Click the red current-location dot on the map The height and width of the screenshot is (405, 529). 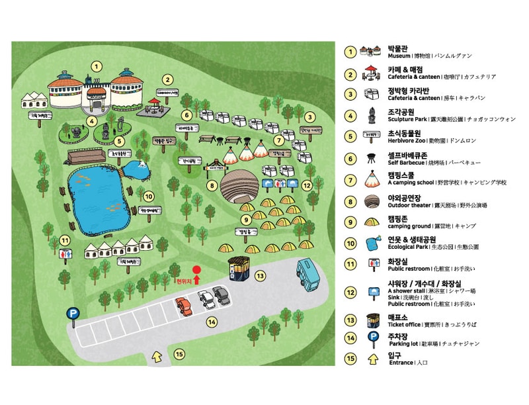(196, 270)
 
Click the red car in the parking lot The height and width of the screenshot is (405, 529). (183, 306)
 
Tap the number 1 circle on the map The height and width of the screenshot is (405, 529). (97, 66)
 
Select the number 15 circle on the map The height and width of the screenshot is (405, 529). (179, 353)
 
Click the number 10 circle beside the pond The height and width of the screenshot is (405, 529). (149, 196)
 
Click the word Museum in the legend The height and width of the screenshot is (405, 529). (399, 56)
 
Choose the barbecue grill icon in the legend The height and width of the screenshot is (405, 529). (370, 158)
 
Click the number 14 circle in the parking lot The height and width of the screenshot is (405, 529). (212, 322)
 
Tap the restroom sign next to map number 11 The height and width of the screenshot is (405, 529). (65, 253)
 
